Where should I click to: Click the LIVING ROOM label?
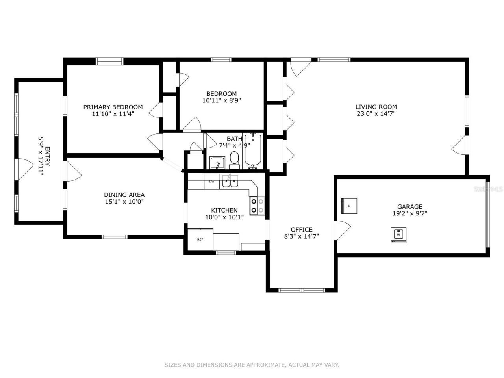[376, 107]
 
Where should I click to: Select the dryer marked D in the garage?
[349, 206]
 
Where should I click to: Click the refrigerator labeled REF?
[200, 239]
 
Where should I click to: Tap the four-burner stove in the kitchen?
[258, 206]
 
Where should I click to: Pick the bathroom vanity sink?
[217, 162]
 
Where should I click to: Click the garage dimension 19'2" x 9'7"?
[409, 214]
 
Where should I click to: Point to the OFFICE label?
[302, 230]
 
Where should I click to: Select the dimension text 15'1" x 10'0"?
[124, 202]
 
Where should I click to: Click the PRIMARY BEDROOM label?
[113, 107]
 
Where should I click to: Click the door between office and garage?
[341, 230]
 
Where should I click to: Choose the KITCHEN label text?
[224, 210]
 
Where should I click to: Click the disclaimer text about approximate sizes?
[252, 365]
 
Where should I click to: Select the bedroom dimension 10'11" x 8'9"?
[222, 100]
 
